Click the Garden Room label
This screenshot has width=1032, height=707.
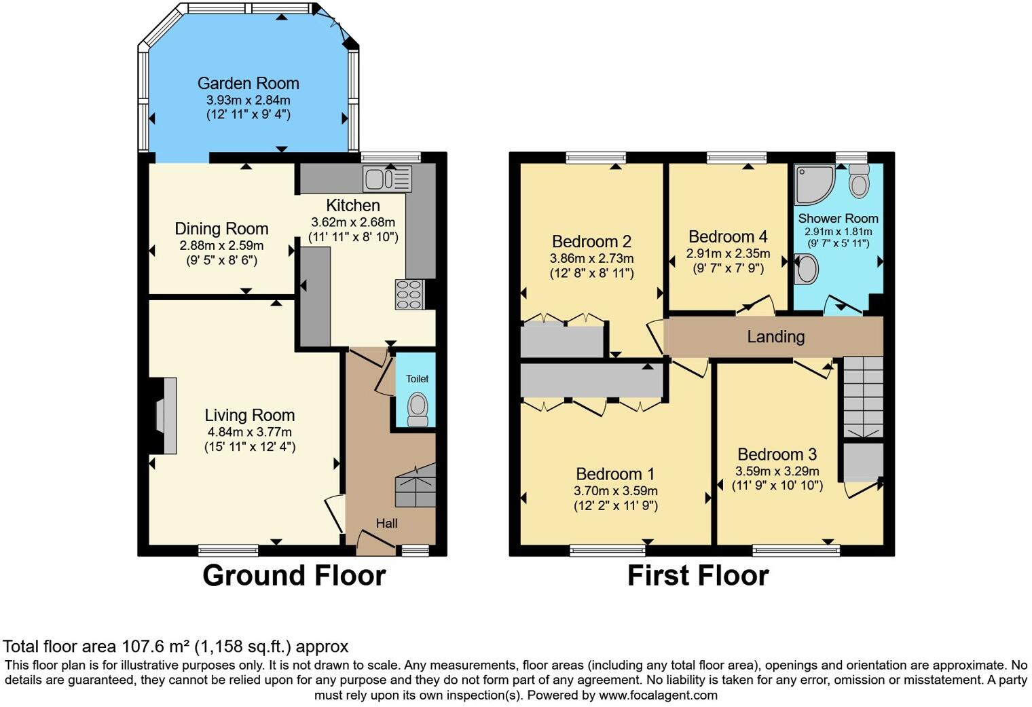pos(248,84)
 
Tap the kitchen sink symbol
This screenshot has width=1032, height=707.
pos(387,179)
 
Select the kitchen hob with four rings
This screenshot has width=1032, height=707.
pos(410,295)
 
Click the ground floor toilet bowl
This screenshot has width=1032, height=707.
pos(417,407)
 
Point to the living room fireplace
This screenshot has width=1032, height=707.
pos(165,416)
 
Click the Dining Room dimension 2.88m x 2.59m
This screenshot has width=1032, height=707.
pos(221,246)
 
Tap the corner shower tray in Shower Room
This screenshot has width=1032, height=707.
pos(813,183)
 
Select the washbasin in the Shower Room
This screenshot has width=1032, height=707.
pos(807,269)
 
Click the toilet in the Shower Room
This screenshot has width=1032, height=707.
pos(859,180)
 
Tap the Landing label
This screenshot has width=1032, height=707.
pos(775,337)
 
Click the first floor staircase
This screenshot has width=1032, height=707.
pos(863,397)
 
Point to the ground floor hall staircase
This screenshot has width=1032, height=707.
pos(415,485)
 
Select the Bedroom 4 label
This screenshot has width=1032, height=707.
pos(728,237)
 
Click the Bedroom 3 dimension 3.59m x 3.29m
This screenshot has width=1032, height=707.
pos(777,471)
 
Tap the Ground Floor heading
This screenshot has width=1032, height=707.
pos(294,576)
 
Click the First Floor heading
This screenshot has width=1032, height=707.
pos(697,576)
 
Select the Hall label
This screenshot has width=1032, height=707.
pos(387,523)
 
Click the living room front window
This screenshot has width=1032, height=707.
pos(228,549)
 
